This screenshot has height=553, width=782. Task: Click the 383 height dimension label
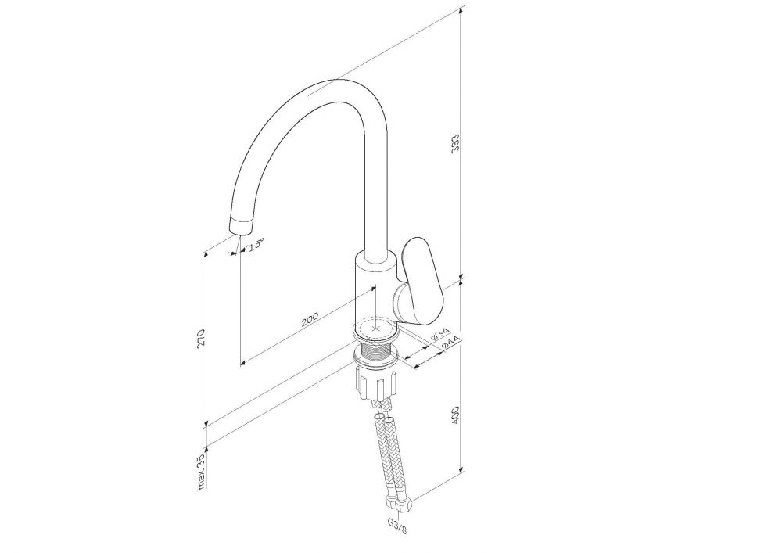click(x=455, y=142)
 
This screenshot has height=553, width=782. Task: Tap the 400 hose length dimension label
click(x=455, y=415)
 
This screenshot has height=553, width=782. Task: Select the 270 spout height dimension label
click(x=201, y=338)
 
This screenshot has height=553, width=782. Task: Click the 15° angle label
click(x=256, y=244)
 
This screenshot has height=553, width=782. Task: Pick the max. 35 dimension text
click(x=201, y=471)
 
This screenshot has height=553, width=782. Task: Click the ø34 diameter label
click(x=440, y=335)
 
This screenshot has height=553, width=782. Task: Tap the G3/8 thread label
click(x=397, y=526)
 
